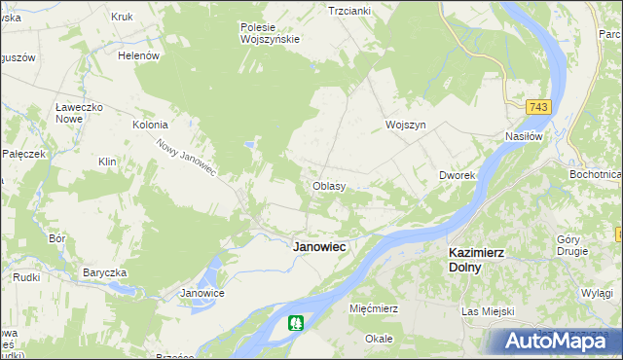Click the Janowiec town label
tap(319, 247)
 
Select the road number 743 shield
tap(536, 105)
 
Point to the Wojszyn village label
tap(406, 126)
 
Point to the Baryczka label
tap(106, 271)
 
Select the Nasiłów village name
tap(523, 136)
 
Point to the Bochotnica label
tap(596, 174)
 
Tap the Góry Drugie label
tap(573, 244)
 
